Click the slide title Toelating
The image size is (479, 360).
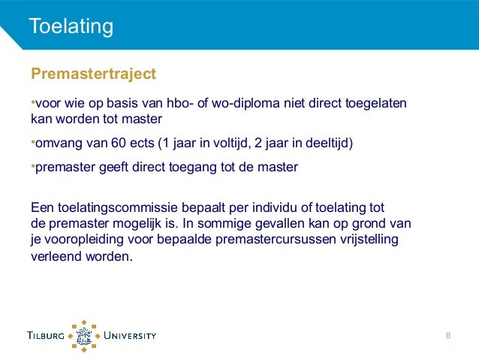click(71, 27)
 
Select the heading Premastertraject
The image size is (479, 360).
click(93, 74)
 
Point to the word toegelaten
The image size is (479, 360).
click(375, 103)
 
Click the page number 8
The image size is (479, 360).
click(448, 335)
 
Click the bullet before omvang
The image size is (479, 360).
click(33, 142)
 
